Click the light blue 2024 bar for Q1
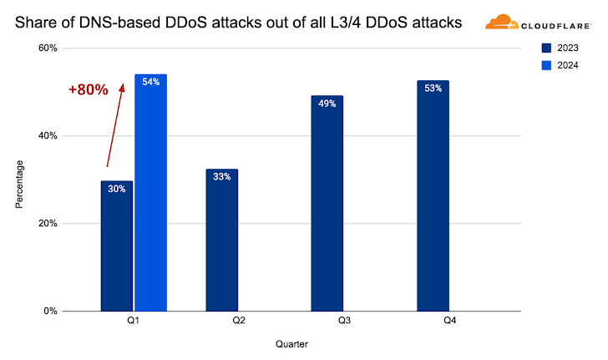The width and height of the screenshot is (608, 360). point(151,193)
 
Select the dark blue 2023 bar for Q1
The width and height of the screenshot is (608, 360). point(117,246)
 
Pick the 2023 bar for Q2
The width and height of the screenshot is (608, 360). point(222,240)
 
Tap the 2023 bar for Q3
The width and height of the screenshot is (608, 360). point(327,203)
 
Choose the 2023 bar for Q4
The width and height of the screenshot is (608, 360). point(433,196)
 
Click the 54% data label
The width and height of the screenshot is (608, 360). point(151,82)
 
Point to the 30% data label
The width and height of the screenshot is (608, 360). point(117,189)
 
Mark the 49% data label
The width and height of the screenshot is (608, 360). point(327,104)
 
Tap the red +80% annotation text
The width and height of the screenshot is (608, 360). point(89,89)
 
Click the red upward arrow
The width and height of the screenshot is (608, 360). point(115,125)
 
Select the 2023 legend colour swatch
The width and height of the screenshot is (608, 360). point(546,48)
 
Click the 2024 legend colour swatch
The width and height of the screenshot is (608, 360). point(546,65)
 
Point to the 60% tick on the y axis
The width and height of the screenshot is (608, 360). point(48,48)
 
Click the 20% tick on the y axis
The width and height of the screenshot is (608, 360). point(48,224)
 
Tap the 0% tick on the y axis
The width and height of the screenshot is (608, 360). point(50,311)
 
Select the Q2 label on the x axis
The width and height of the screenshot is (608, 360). point(239,321)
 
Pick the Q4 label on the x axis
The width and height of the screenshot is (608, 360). point(450,321)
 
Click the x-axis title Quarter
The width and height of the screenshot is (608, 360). point(291,344)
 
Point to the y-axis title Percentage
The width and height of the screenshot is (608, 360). point(19,185)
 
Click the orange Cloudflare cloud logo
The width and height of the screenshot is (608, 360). point(501,22)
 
